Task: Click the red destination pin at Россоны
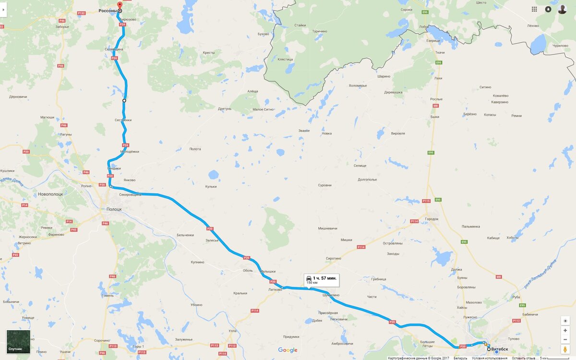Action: point(120,5)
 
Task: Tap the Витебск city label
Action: point(500,349)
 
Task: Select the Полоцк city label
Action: point(114,209)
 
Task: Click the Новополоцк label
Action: point(51,194)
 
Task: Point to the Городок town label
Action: point(432,219)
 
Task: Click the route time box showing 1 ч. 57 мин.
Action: point(322,280)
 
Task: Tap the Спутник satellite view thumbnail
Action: point(18,342)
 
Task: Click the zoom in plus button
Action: point(565,331)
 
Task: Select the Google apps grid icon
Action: point(534,9)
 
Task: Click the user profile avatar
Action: point(562,9)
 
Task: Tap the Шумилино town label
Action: point(331,295)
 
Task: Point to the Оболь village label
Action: point(248,270)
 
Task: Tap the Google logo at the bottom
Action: point(288,350)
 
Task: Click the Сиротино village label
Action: point(333,258)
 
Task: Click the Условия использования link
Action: point(489,358)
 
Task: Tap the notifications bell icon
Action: point(548,9)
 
